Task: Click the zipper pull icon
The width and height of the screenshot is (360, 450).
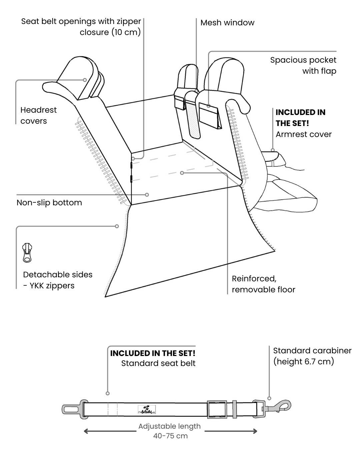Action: pos(27,253)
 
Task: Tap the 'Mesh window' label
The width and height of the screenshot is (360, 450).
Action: pos(227,23)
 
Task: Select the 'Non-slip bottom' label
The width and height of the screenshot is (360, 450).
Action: pos(49,203)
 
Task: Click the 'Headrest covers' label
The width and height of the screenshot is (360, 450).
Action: pos(38,115)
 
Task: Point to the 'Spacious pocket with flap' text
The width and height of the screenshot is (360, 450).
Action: pos(303,65)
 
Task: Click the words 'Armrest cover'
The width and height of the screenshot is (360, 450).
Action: pos(304,134)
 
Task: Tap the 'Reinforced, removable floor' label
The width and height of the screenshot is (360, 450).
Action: pos(263,284)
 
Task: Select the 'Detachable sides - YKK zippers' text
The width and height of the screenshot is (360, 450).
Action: pos(58,280)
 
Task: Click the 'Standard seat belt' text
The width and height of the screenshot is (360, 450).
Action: pos(158,363)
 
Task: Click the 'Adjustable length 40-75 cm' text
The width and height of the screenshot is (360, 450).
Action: pos(170,431)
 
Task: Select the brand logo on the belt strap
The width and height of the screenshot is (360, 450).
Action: pos(146,409)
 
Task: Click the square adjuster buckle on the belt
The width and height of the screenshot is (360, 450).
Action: pos(217,409)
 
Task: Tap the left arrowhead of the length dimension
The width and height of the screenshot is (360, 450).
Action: pos(86,431)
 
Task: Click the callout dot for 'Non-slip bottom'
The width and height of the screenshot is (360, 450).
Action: pos(147,195)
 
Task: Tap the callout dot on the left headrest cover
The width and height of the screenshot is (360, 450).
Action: pos(85,80)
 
